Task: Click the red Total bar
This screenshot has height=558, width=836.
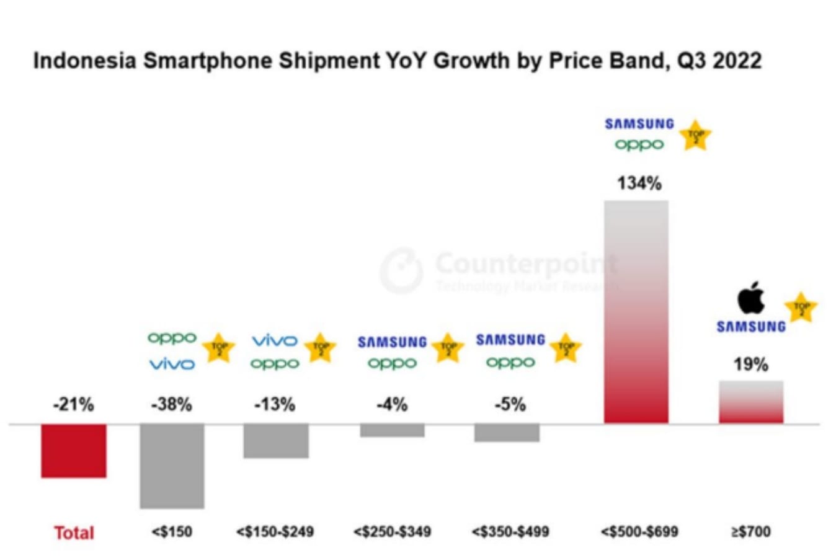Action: (x=74, y=451)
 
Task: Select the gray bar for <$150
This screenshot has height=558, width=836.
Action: (x=172, y=466)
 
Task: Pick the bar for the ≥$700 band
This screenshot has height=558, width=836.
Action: (x=751, y=402)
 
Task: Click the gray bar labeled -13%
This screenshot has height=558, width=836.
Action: (x=276, y=441)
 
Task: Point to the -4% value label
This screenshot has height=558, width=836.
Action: (x=392, y=405)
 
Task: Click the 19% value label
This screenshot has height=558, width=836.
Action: (x=751, y=364)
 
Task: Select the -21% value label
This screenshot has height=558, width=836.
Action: (x=74, y=405)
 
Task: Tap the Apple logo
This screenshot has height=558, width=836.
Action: (x=750, y=298)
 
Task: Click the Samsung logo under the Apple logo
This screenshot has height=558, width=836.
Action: (x=751, y=327)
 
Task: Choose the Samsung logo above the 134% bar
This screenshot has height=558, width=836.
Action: (x=639, y=124)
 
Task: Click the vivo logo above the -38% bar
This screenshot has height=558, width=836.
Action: (x=172, y=364)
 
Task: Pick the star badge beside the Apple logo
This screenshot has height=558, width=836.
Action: (x=801, y=308)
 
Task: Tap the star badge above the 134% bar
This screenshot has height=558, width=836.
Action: (x=695, y=136)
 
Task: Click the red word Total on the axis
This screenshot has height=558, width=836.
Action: (x=74, y=533)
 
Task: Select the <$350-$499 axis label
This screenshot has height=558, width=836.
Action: (x=510, y=532)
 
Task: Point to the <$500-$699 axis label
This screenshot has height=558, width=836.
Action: (x=639, y=532)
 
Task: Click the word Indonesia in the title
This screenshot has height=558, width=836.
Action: (x=84, y=61)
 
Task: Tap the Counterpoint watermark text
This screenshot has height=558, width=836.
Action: (x=527, y=264)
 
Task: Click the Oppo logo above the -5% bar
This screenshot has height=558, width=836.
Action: (x=510, y=362)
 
